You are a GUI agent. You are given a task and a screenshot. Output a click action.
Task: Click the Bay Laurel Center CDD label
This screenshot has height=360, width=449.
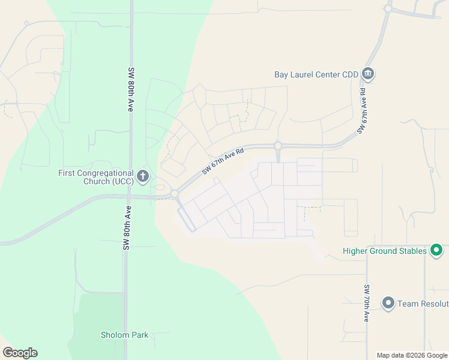[x=316, y=74]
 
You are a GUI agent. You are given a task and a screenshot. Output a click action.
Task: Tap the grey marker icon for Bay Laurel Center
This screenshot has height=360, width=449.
[x=368, y=74]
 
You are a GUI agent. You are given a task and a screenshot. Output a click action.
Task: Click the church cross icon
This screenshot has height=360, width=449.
[x=143, y=176]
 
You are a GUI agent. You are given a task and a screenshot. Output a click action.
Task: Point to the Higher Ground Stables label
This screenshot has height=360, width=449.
[x=384, y=251]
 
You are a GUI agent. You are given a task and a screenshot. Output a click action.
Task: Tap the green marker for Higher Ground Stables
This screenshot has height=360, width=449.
[x=437, y=250]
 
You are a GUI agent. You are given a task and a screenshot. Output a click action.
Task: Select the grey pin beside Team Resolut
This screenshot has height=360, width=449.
[x=388, y=303]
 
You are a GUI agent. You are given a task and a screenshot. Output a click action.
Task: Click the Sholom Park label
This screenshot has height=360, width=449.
[x=124, y=335]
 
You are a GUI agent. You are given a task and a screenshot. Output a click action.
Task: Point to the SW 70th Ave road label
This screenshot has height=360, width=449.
[x=366, y=303]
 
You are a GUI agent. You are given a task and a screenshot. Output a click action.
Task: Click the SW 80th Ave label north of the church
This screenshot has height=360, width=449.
[x=130, y=89]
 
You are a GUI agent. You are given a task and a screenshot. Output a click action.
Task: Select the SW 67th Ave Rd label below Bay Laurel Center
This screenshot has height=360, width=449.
[x=362, y=110]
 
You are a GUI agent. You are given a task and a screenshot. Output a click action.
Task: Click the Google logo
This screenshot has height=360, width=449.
[x=20, y=353]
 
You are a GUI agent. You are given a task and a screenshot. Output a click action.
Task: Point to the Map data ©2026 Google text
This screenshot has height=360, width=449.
[x=412, y=355]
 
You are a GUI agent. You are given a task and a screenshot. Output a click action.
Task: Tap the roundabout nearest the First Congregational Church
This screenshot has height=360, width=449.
[x=174, y=194]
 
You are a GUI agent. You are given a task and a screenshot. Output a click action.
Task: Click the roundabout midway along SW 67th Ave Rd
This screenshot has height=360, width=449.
[x=278, y=145]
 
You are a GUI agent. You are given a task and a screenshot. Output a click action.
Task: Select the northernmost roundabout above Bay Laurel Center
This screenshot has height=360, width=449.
[x=388, y=8]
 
